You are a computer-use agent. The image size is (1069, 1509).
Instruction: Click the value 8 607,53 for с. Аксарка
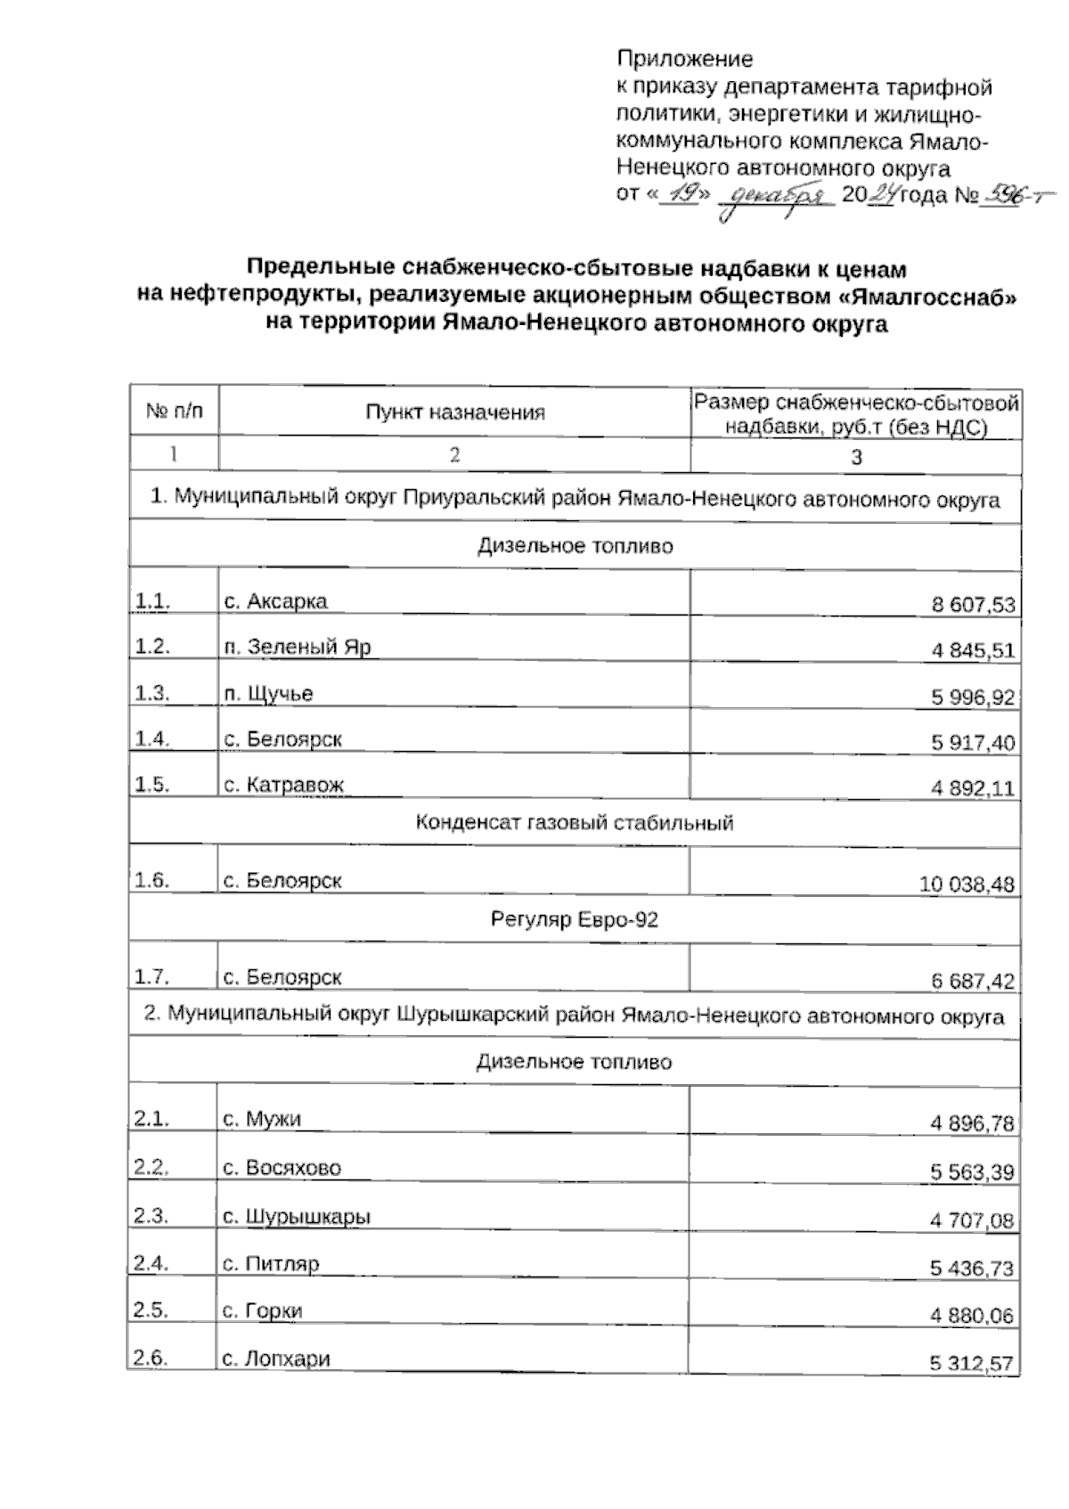pyautogui.click(x=973, y=606)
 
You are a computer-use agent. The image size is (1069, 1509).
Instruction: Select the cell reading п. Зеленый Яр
pyautogui.click(x=298, y=647)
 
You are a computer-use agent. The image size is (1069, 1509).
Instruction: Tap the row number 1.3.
pyautogui.click(x=152, y=693)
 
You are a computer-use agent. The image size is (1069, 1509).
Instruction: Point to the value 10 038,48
pyautogui.click(x=967, y=885)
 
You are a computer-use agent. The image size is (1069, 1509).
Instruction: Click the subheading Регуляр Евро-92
pyautogui.click(x=575, y=919)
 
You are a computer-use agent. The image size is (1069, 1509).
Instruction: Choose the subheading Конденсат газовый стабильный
pyautogui.click(x=575, y=822)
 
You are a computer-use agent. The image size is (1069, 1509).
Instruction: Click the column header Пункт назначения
pyautogui.click(x=454, y=412)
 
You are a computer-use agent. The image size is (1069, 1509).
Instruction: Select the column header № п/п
pyautogui.click(x=174, y=411)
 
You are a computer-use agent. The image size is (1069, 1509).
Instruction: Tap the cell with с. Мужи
pyautogui.click(x=262, y=1119)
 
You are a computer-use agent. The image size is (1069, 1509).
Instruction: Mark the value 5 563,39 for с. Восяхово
pyautogui.click(x=972, y=1172)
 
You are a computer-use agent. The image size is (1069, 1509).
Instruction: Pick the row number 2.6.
pyautogui.click(x=151, y=1358)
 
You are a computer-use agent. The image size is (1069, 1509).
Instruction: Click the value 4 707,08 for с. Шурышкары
pyautogui.click(x=972, y=1220)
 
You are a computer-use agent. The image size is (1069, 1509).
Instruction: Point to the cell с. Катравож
pyautogui.click(x=283, y=786)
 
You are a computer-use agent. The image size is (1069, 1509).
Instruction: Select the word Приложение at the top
pyautogui.click(x=684, y=60)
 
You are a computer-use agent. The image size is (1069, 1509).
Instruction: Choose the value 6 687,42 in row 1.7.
pyautogui.click(x=973, y=982)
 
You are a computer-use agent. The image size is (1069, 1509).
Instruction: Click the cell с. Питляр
pyautogui.click(x=271, y=1263)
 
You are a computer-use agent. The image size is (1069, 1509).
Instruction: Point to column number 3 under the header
pyautogui.click(x=856, y=457)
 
